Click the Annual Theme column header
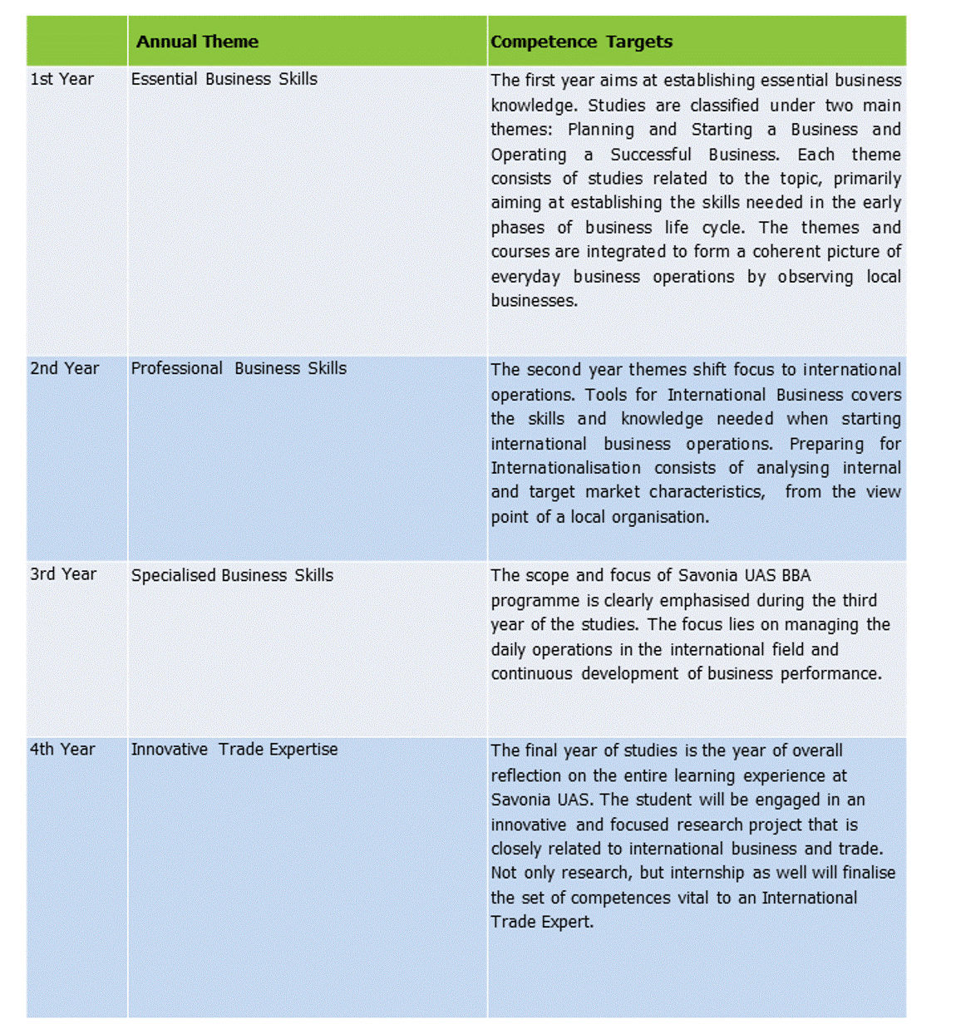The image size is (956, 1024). pos(197,42)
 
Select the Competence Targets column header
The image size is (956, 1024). pos(581,42)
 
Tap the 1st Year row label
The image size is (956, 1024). pos(62,79)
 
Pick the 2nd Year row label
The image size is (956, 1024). pos(65,368)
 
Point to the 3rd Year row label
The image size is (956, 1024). pos(64,574)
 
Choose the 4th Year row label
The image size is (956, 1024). pos(63,749)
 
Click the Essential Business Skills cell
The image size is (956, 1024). pos(224,79)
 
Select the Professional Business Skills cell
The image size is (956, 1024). pos(239,368)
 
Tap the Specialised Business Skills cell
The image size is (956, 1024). pos(232,575)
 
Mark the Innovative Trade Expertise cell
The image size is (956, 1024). pos(234,749)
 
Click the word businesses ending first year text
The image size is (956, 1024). pos(534,301)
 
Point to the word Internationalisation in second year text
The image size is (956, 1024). pos(565,468)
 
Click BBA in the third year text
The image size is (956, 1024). pos(796,575)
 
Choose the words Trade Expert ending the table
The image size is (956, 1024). pos(542,922)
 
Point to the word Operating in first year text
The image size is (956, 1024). pos(529,155)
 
